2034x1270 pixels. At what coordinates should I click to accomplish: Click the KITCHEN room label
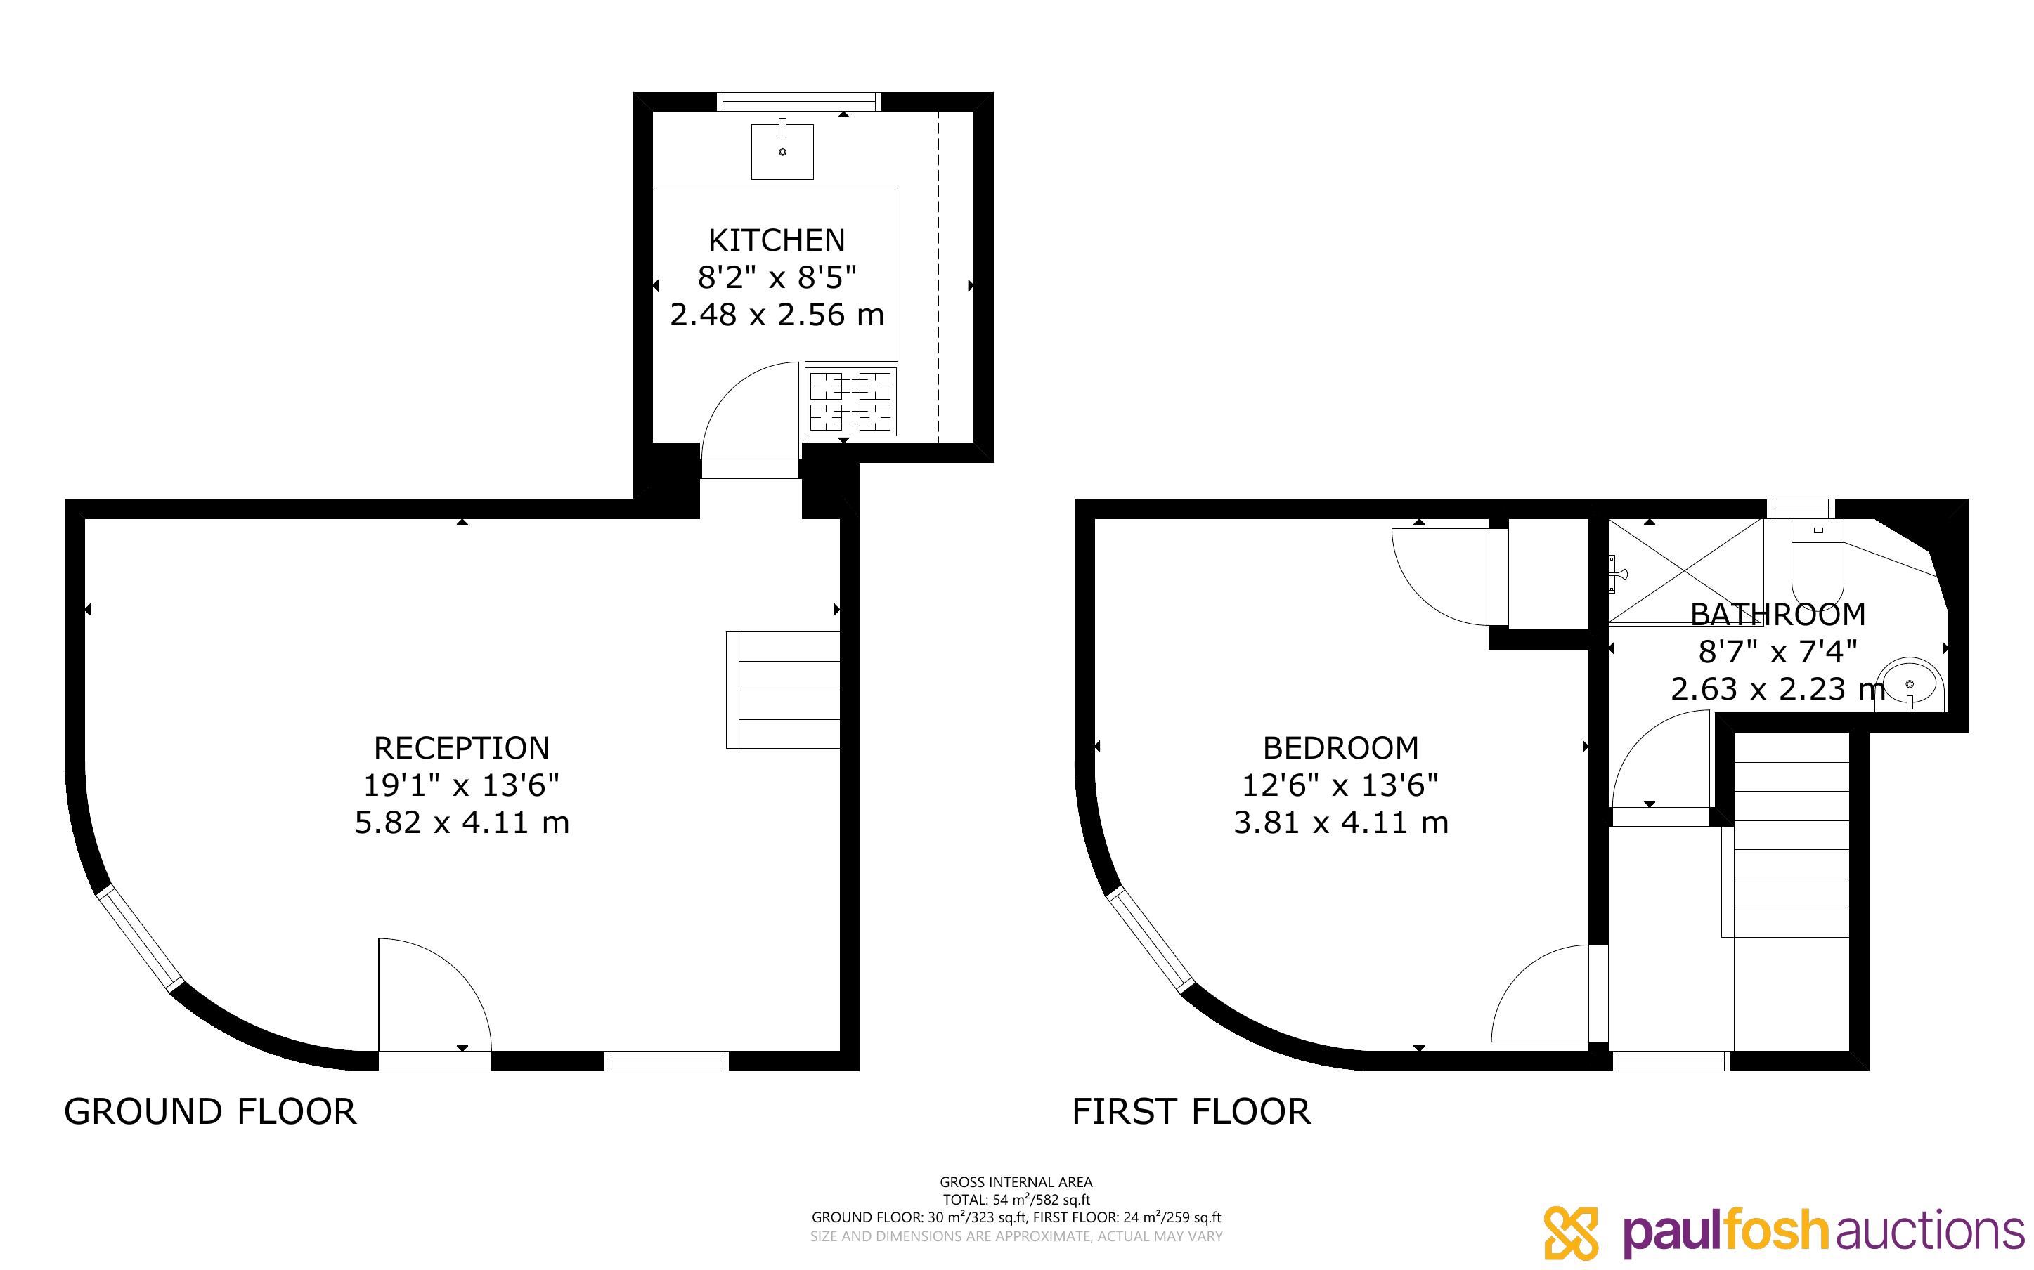tap(777, 240)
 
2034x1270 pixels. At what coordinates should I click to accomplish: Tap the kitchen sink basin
tap(782, 151)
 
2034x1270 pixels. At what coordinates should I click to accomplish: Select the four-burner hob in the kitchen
tap(850, 402)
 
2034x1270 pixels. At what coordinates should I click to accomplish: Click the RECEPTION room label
tap(461, 747)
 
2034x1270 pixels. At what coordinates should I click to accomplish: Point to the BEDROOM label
tap(1341, 747)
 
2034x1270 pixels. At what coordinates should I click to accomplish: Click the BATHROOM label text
tap(1777, 615)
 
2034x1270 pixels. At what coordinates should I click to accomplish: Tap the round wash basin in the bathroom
tap(1910, 685)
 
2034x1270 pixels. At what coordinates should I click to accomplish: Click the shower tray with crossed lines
tap(1685, 571)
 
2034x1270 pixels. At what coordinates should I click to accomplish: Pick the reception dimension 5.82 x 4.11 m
tap(462, 823)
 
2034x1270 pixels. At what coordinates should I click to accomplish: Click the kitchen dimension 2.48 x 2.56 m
tap(777, 314)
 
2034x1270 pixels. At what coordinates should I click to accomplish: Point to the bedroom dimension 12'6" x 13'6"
tap(1341, 785)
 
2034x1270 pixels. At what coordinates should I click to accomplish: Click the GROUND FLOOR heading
tap(210, 1111)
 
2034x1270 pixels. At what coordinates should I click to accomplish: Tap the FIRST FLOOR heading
tap(1191, 1111)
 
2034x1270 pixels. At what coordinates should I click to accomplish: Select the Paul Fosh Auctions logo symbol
tap(1571, 1233)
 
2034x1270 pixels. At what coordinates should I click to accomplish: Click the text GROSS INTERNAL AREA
tap(1016, 1181)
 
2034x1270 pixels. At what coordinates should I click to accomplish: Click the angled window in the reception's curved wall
tap(139, 940)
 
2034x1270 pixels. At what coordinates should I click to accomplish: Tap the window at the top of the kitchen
tap(799, 103)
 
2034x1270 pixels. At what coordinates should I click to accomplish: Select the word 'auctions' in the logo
tap(1930, 1232)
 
